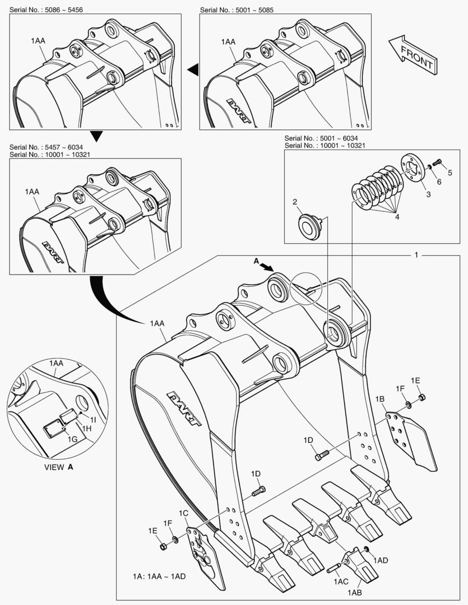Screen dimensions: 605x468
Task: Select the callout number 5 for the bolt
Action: (448, 172)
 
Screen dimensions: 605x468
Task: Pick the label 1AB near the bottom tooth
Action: (354, 593)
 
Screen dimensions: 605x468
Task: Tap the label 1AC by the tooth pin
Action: (341, 582)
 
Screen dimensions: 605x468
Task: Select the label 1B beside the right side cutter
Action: (379, 399)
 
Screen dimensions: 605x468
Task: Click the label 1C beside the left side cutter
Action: (183, 513)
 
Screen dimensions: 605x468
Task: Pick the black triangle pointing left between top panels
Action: (193, 69)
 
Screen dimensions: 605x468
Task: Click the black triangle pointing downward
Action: (97, 136)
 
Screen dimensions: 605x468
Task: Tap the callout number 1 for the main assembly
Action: (416, 254)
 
